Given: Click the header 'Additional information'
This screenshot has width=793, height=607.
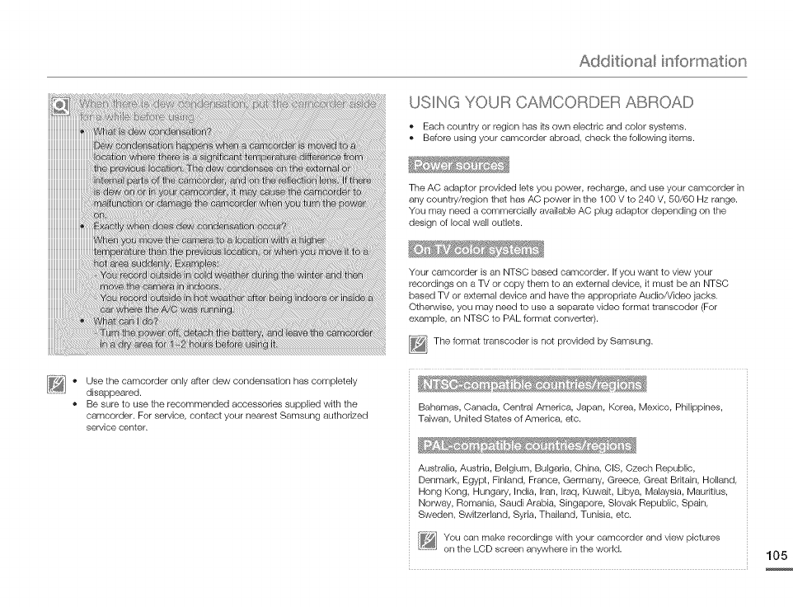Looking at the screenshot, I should point(663,62).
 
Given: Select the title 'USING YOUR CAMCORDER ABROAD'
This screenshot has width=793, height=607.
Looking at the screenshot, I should point(551,103).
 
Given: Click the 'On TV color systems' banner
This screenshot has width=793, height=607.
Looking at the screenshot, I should point(476,250).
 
